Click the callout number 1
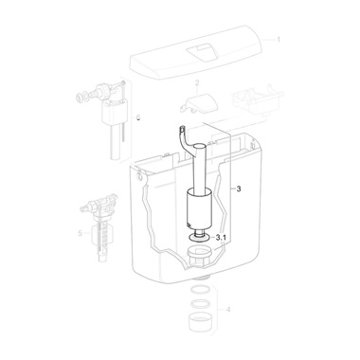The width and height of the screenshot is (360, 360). (x=279, y=40)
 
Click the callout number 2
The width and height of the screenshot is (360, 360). (x=197, y=83)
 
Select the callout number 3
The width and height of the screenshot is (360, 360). (x=239, y=189)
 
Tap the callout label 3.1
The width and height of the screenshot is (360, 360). (x=221, y=238)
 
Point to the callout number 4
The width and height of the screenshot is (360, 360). (x=228, y=310)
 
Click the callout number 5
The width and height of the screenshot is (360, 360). (x=80, y=233)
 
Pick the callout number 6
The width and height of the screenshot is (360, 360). (x=138, y=117)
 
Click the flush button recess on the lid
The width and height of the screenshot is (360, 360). (x=202, y=52)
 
